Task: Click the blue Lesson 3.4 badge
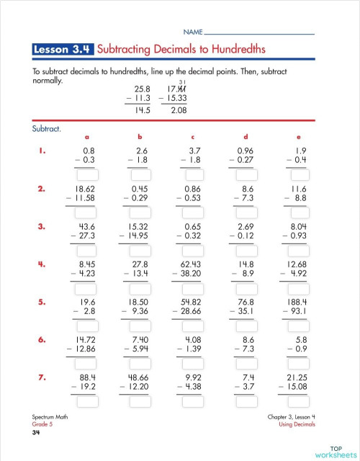coord(63,50)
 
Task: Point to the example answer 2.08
coord(178,110)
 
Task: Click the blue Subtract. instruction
coord(46,130)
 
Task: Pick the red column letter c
coord(192,136)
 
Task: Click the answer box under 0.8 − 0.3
coord(86,175)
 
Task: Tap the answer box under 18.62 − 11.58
coord(86,213)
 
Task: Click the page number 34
coord(35,432)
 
